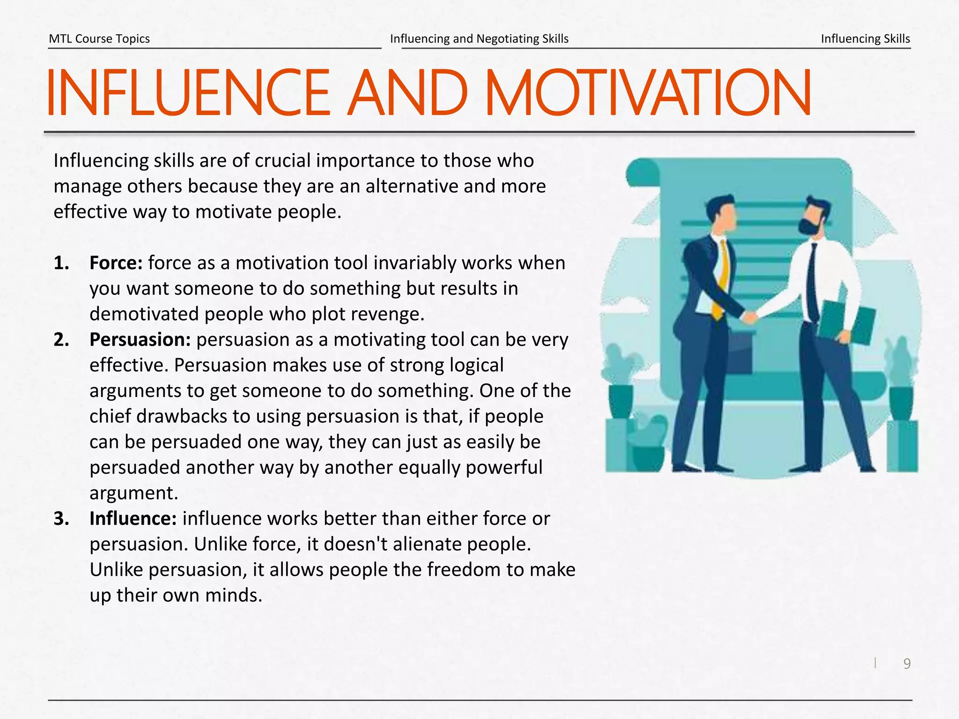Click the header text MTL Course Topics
click(99, 39)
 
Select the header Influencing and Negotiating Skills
click(479, 39)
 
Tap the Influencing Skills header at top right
click(865, 39)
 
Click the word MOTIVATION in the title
click(648, 93)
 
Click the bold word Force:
click(116, 263)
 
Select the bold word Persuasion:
click(140, 340)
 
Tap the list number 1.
click(61, 263)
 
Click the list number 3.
click(61, 519)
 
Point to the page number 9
click(907, 664)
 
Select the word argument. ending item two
click(134, 493)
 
